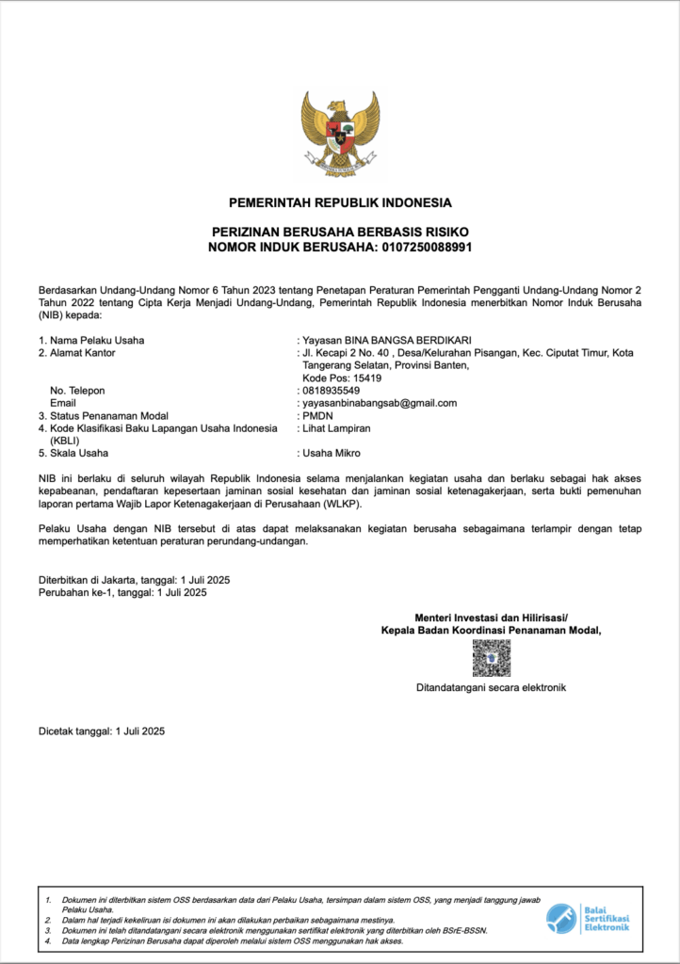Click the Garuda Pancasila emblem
pyautogui.click(x=340, y=133)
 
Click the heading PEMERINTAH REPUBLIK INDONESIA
pyautogui.click(x=340, y=202)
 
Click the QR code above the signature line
pyautogui.click(x=491, y=658)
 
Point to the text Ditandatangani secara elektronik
pyautogui.click(x=491, y=688)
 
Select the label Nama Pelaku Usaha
pyautogui.click(x=97, y=340)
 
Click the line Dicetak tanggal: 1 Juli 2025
pyautogui.click(x=102, y=731)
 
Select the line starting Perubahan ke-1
pyautogui.click(x=122, y=593)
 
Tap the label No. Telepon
pyautogui.click(x=77, y=390)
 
